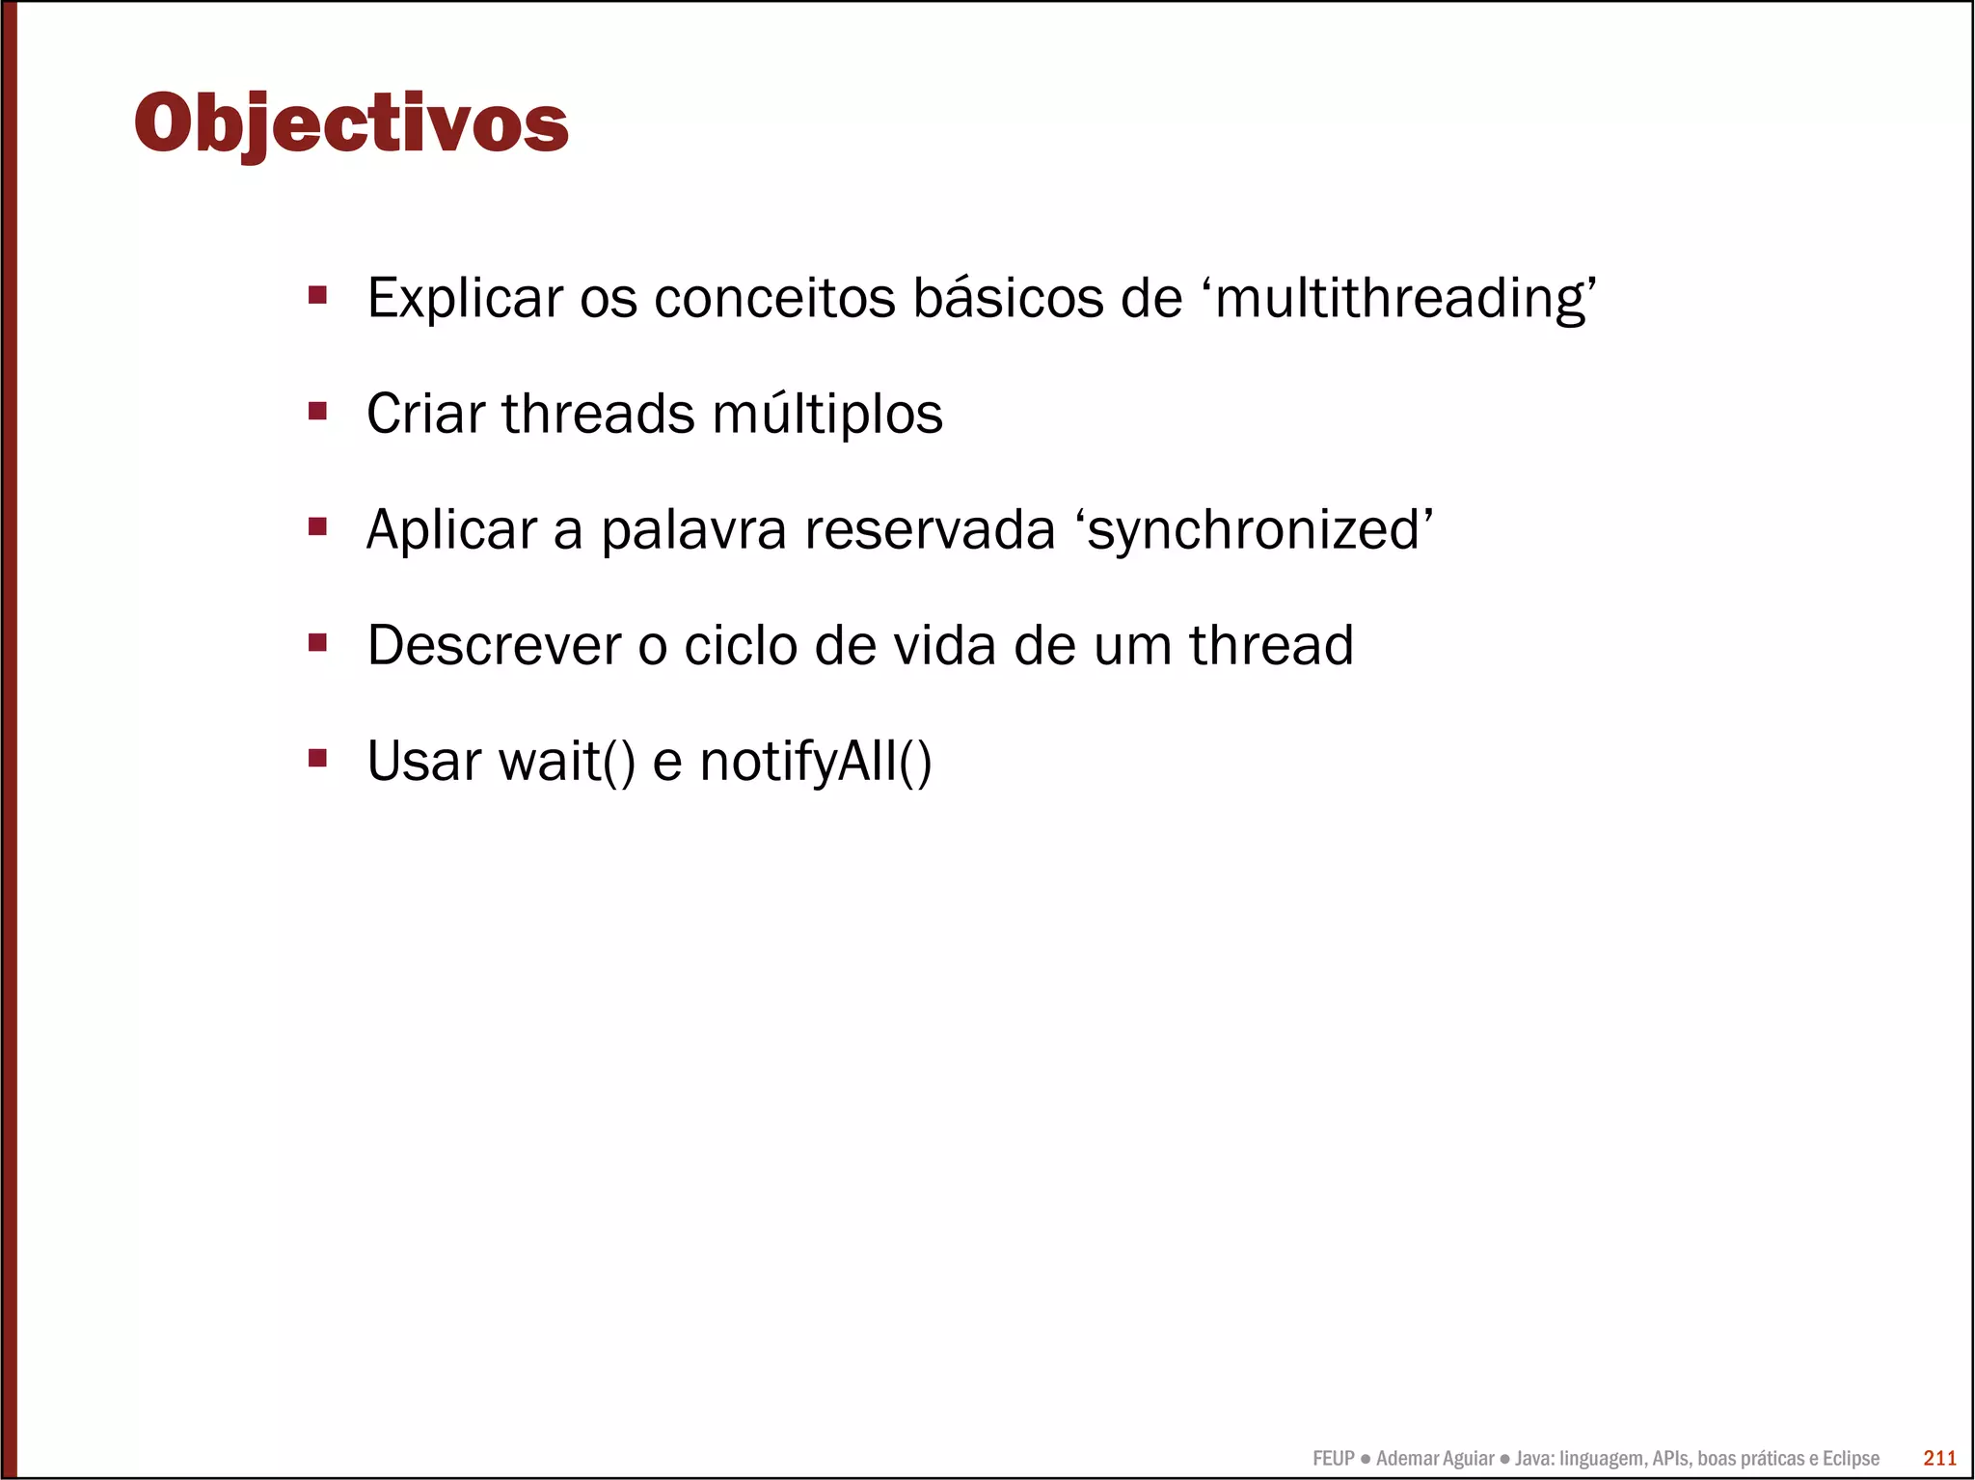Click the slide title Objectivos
coord(351,122)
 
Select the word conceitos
coord(774,298)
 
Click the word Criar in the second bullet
coord(425,414)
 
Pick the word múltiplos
coord(826,415)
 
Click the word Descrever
coord(494,645)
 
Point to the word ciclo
coord(740,645)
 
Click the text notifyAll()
coord(816,762)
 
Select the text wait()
coord(567,762)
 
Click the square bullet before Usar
coord(317,758)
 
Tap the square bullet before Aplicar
coord(317,526)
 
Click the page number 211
coord(1939,1458)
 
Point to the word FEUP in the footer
coord(1333,1459)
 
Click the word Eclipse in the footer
coord(1850,1459)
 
